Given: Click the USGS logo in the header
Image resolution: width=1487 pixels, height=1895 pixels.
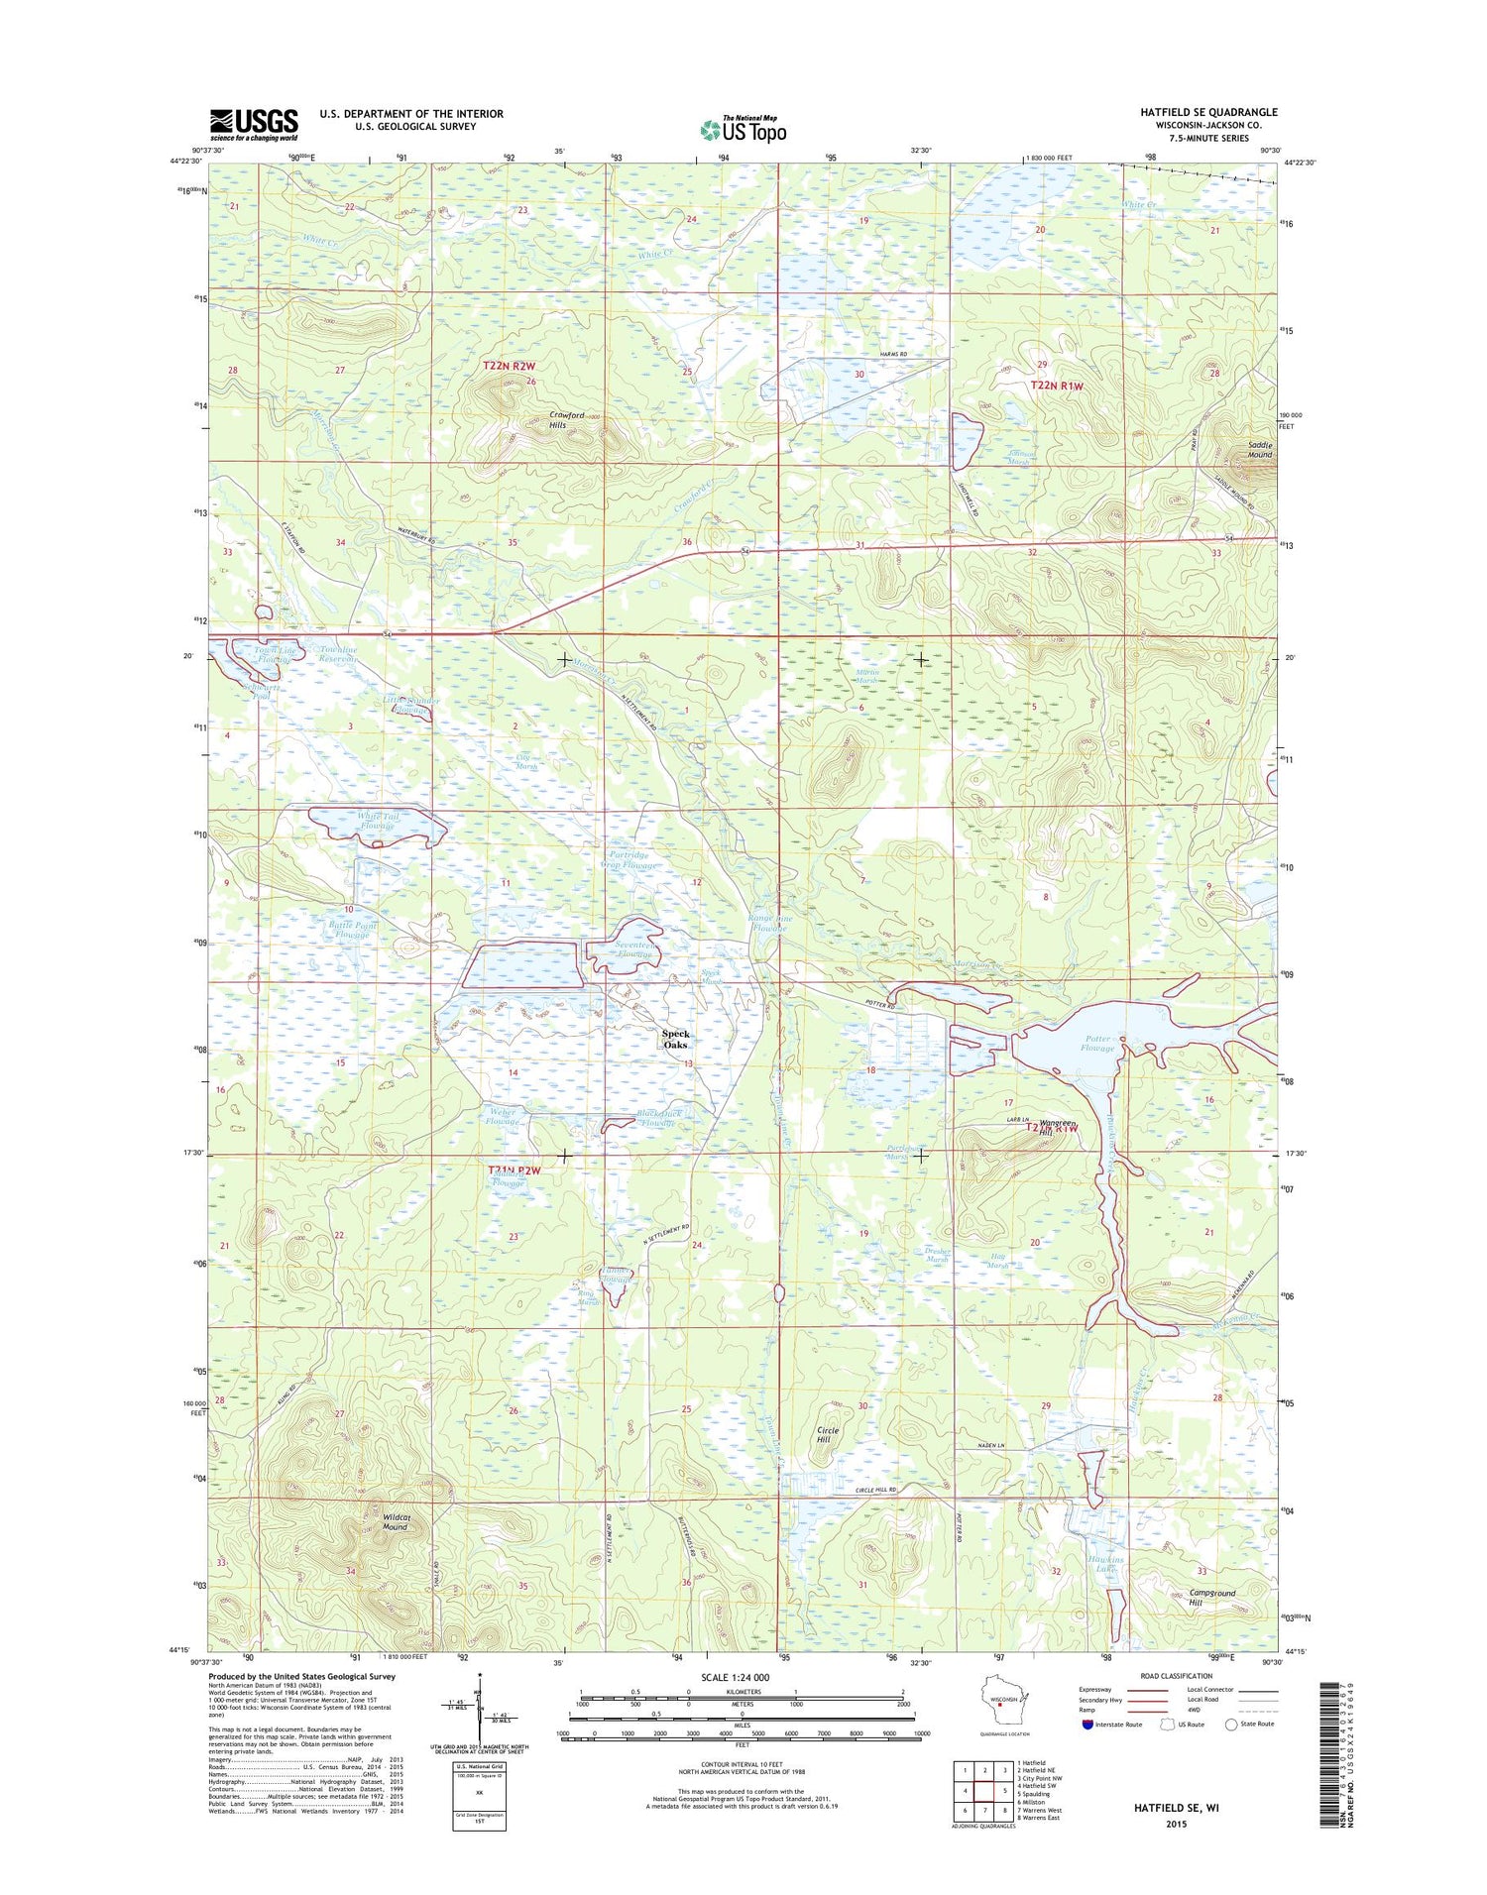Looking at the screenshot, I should click(x=253, y=124).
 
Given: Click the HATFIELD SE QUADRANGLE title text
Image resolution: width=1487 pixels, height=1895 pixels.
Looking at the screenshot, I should click(x=1207, y=112).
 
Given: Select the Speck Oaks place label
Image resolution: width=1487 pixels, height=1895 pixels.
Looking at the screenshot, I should click(x=675, y=1040).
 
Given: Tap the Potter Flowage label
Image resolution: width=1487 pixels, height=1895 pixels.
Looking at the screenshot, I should click(x=1097, y=1044).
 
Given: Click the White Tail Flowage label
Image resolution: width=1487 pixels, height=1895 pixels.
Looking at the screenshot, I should click(x=377, y=821).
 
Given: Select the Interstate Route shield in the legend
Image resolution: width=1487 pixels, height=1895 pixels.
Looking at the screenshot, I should click(x=1088, y=1724).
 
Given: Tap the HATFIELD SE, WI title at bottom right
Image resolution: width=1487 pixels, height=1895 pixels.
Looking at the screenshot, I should click(x=1177, y=1808).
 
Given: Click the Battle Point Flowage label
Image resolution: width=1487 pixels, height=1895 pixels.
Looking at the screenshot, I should click(x=352, y=930).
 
